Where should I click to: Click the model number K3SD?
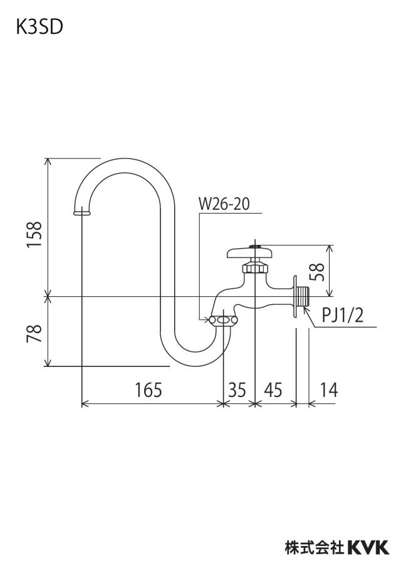point(39,27)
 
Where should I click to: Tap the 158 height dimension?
point(34,234)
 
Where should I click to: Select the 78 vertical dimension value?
point(34,333)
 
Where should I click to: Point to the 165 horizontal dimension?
point(148,390)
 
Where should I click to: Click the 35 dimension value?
point(237,390)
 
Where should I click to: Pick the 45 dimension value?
point(273,390)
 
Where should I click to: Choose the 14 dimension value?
point(329,390)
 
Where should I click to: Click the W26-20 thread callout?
point(224,204)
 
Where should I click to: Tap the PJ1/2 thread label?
point(342,316)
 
